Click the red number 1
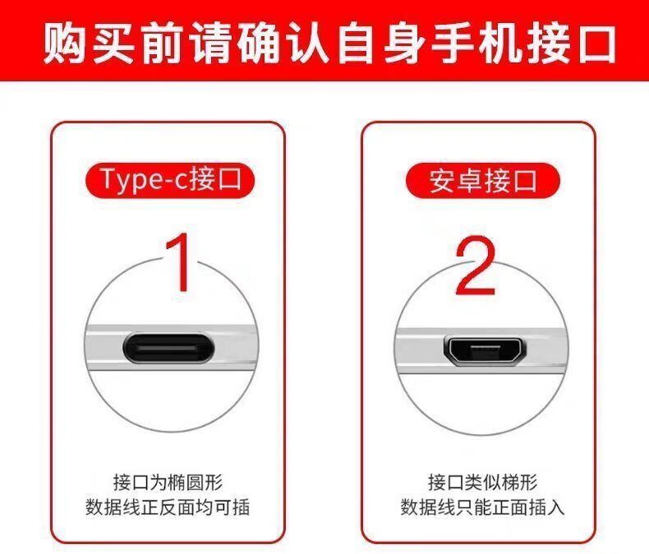point(179,263)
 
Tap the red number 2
point(476,265)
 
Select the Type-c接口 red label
point(170,181)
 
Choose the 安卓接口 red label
point(482,181)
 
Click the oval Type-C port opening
point(168,348)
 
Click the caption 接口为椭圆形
point(168,482)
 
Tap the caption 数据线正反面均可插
point(168,507)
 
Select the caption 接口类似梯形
point(482,482)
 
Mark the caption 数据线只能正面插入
point(482,507)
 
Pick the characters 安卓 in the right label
point(455,181)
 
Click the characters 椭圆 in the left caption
point(186,482)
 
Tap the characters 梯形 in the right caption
point(519,482)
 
